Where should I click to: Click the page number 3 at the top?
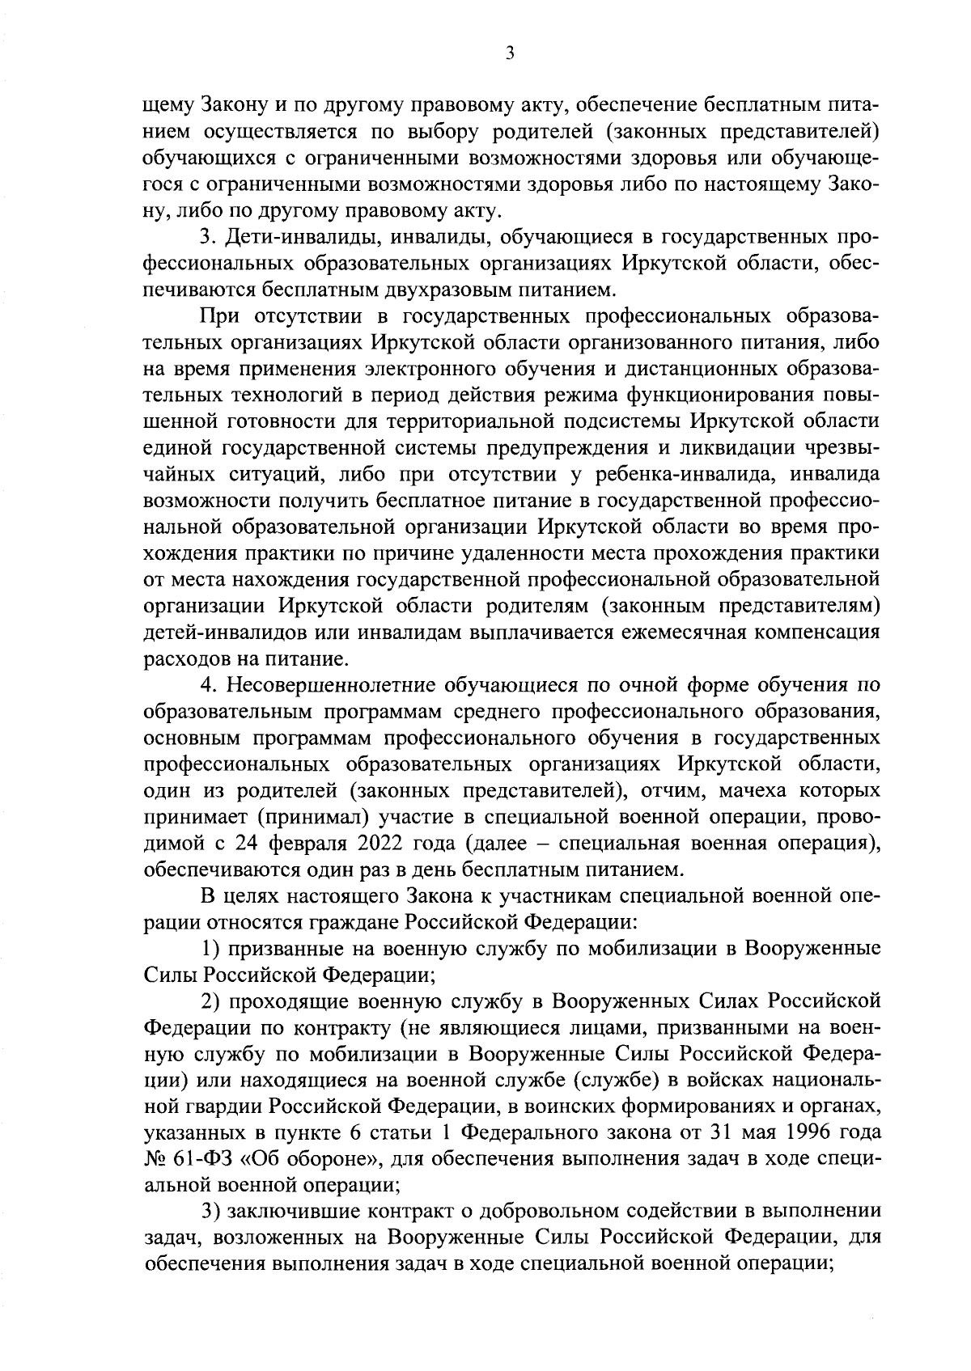pos(509,53)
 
